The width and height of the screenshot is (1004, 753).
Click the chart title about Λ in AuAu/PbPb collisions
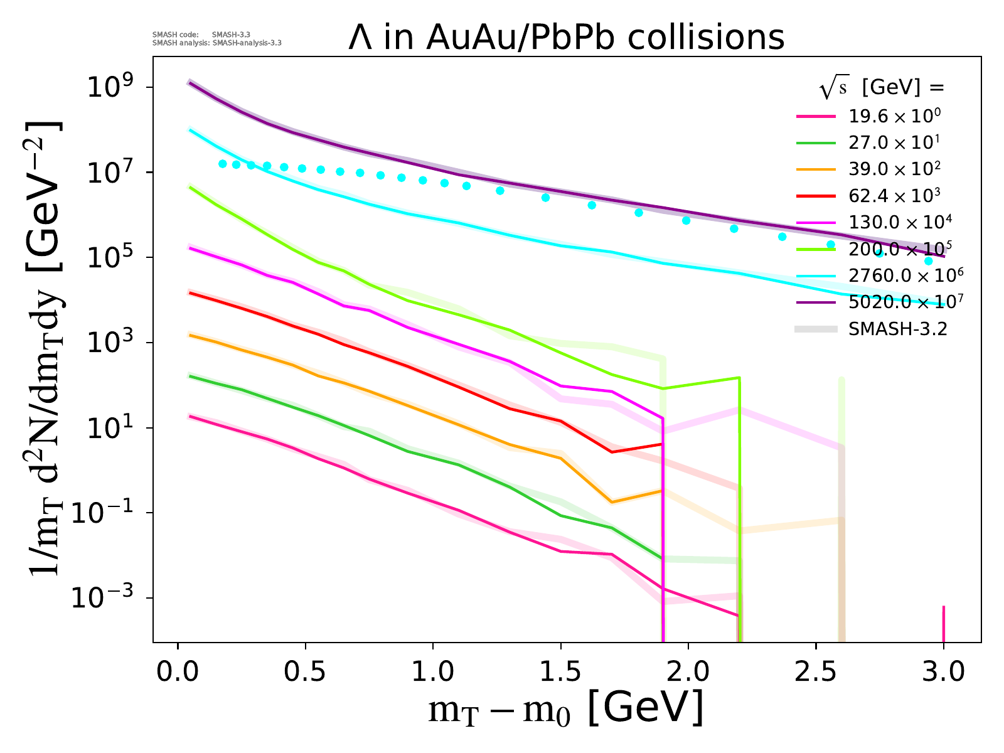pos(567,37)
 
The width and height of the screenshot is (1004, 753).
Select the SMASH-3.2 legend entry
pos(897,329)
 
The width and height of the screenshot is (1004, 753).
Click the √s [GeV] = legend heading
pos(881,88)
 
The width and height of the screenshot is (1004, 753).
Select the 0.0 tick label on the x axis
pos(178,671)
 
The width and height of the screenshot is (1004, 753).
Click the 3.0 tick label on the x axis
pos(944,671)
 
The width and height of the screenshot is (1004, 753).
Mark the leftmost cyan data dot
pos(222,164)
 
